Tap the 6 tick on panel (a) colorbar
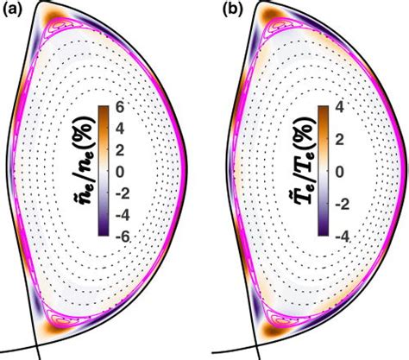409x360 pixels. (x=120, y=108)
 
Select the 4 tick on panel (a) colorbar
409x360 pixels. (x=120, y=129)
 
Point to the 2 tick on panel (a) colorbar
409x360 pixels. (x=120, y=150)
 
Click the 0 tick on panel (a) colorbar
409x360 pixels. (x=120, y=171)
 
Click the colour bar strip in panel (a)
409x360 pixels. (x=104, y=171)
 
